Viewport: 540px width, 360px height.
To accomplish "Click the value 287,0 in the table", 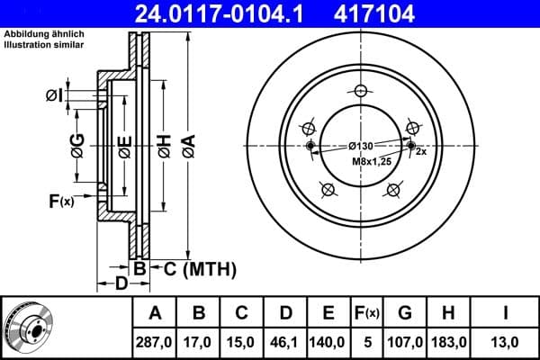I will pyautogui.click(x=155, y=342).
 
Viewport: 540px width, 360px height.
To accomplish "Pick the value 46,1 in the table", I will pyautogui.click(x=285, y=342).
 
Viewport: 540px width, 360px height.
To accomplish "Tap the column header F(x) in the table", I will pyautogui.click(x=369, y=313).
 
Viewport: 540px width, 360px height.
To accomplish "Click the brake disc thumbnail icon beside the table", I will pyautogui.click(x=32, y=328).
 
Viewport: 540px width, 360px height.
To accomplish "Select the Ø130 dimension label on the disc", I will pyautogui.click(x=362, y=147).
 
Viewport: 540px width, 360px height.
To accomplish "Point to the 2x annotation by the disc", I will pyautogui.click(x=420, y=153).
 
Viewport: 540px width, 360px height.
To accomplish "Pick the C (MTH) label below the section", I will pyautogui.click(x=193, y=268).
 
